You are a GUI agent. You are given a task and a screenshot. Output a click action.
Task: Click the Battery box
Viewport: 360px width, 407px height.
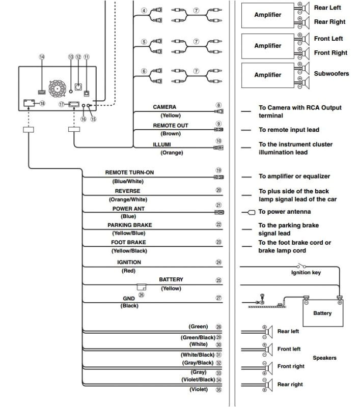[322, 313]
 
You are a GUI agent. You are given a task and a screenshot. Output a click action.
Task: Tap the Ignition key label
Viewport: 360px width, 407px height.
[306, 273]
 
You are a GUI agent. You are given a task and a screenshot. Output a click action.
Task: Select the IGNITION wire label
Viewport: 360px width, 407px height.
[129, 263]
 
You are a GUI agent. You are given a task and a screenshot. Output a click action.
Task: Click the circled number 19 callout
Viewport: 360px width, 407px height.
[218, 170]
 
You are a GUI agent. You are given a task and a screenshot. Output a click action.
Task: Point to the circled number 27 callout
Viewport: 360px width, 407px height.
[218, 298]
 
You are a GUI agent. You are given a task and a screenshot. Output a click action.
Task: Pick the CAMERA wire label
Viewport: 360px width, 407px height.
[164, 107]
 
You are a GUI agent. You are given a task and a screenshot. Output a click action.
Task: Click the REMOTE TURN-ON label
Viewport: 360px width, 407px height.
[129, 172]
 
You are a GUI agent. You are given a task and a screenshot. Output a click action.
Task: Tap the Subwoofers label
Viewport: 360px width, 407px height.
[331, 74]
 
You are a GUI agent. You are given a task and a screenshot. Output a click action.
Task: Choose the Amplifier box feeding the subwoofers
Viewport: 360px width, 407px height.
[268, 75]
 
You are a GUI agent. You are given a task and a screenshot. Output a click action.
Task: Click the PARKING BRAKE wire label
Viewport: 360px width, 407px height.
[129, 225]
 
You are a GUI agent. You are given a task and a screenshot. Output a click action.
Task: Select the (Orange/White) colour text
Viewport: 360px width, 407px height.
[128, 199]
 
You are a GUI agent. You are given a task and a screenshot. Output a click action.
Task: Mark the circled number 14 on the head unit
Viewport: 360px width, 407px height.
[42, 57]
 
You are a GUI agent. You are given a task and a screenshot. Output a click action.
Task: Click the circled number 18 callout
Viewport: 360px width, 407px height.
[42, 103]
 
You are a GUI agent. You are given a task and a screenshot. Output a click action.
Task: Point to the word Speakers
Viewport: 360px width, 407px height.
[324, 358]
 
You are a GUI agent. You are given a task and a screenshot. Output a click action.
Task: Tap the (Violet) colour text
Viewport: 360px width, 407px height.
[198, 390]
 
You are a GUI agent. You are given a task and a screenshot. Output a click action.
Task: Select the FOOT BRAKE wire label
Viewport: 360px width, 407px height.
[129, 243]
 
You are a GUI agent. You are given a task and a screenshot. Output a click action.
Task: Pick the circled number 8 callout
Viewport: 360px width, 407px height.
[218, 105]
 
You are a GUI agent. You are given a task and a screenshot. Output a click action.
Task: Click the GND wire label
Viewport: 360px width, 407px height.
[129, 298]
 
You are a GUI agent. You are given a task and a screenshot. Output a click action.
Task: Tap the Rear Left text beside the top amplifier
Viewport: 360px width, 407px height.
[327, 8]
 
